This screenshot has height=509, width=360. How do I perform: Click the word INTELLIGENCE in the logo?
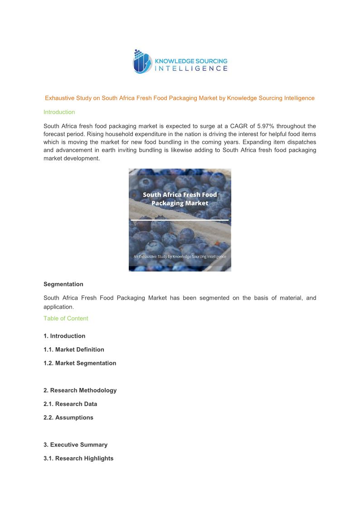point(191,68)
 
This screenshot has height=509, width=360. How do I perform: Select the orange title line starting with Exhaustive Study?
point(180,98)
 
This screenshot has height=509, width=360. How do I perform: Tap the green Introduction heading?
point(59,112)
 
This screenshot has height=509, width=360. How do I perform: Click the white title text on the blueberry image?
point(180,199)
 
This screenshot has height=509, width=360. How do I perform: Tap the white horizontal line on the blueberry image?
point(180,220)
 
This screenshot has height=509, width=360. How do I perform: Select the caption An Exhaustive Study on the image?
point(180,257)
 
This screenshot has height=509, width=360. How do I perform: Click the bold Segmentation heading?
point(63,284)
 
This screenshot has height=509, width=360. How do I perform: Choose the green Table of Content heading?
point(66,318)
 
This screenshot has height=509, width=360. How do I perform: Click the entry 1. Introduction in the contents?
point(64,336)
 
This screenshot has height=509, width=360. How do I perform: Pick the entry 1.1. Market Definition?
point(74,349)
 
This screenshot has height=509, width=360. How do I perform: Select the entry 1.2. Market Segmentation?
point(80,363)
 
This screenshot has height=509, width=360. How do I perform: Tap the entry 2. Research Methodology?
point(80,390)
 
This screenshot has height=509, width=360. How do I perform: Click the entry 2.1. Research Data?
point(70,404)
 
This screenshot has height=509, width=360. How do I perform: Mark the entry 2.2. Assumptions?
point(68,417)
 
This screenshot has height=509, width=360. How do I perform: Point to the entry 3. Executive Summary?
point(75,445)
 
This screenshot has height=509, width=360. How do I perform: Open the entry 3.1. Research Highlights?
point(78,458)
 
